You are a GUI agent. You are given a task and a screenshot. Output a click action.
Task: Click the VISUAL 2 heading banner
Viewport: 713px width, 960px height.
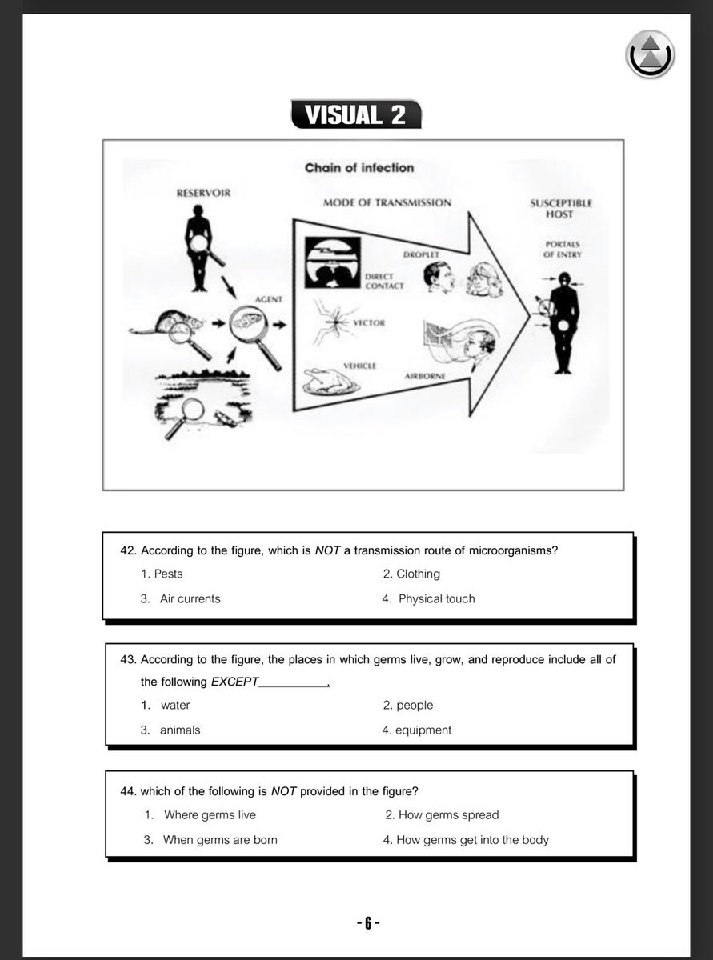click(x=356, y=114)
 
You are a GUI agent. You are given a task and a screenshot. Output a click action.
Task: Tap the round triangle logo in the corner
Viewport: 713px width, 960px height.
click(x=650, y=54)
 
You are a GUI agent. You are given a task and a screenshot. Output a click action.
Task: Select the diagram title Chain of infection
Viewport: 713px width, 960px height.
click(x=359, y=168)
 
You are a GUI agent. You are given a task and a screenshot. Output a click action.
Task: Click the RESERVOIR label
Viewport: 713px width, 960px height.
click(x=203, y=193)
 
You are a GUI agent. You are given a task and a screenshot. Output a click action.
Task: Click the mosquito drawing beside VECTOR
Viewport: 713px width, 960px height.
click(x=334, y=322)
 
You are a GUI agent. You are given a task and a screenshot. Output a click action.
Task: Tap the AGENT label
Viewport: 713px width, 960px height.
click(x=269, y=299)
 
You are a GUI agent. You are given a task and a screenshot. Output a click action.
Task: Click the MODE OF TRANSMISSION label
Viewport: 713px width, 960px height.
click(x=387, y=202)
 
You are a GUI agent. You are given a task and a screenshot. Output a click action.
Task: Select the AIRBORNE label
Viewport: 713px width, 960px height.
click(x=425, y=376)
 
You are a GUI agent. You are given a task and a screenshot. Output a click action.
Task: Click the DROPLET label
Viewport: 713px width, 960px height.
click(x=421, y=255)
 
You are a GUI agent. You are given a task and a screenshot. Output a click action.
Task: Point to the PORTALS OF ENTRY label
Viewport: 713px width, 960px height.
click(x=563, y=250)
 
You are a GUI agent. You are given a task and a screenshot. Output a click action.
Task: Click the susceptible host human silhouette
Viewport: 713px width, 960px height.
click(x=563, y=322)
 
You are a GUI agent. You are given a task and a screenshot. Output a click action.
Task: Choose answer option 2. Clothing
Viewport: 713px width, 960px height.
click(x=411, y=574)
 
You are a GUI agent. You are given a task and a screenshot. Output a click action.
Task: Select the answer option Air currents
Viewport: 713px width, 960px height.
click(x=190, y=599)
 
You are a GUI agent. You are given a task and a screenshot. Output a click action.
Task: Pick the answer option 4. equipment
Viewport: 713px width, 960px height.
click(x=416, y=730)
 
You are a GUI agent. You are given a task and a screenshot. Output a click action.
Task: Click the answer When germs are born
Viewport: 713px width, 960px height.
click(x=220, y=840)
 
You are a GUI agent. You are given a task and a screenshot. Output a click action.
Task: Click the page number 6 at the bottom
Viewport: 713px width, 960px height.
click(x=368, y=923)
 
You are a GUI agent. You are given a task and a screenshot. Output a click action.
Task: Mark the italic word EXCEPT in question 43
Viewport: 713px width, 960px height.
click(x=234, y=682)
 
